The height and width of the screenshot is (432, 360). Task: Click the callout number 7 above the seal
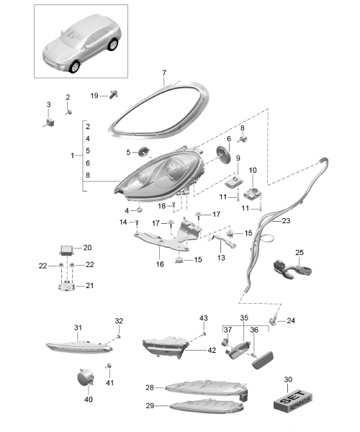(164, 73)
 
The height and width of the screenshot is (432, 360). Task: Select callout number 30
(288, 379)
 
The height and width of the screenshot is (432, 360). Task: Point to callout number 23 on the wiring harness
(286, 221)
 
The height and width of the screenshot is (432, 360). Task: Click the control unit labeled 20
(67, 250)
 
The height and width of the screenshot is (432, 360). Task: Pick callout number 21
(89, 286)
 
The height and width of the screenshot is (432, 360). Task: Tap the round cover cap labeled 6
(224, 155)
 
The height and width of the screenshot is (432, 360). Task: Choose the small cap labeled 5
(143, 152)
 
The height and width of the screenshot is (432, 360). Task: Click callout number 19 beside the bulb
(94, 96)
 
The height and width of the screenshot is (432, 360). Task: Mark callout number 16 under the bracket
(160, 264)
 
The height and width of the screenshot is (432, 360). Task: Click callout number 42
(212, 350)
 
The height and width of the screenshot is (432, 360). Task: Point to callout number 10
(253, 170)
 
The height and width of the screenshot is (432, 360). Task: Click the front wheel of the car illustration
(74, 67)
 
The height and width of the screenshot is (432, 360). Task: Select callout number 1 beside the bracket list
(73, 156)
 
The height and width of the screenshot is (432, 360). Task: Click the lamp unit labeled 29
(207, 406)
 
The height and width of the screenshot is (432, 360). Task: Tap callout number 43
(204, 318)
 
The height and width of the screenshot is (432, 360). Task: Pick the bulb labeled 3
(49, 122)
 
